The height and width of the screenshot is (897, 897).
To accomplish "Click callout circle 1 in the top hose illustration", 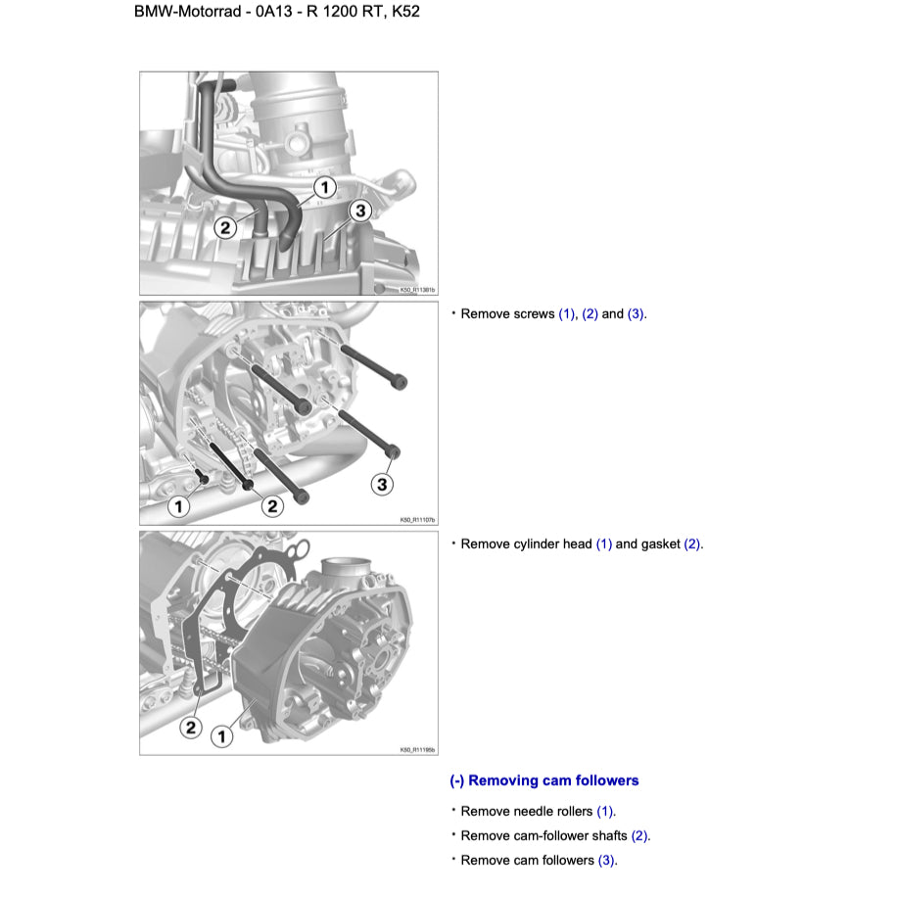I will tap(324, 186).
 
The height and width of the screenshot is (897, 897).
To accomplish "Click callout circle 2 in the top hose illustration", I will tap(225, 227).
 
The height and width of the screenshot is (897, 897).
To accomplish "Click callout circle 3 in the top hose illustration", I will tap(359, 211).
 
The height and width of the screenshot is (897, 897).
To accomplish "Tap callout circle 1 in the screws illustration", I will tap(178, 506).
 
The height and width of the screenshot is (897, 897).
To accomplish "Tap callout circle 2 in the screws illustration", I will tap(272, 506).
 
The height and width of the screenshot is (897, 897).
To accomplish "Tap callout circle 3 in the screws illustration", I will tap(382, 484).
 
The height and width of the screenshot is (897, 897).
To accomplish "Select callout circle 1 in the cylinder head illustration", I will tap(221, 735).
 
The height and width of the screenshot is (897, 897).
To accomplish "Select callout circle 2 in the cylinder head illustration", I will tap(190, 727).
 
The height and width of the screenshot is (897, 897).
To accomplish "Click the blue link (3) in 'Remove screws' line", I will tap(637, 314).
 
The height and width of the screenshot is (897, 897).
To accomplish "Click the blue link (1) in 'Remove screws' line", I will tap(567, 314).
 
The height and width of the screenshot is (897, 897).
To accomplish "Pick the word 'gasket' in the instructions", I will tap(660, 543).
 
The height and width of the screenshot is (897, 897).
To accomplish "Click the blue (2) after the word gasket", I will tap(692, 543).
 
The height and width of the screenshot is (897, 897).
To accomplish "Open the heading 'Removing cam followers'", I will tap(544, 780).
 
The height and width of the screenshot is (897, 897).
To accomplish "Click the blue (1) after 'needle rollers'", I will tap(606, 811).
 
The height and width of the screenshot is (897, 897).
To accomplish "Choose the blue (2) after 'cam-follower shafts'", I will tap(640, 835).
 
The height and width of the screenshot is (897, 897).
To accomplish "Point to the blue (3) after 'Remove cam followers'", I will tap(607, 860).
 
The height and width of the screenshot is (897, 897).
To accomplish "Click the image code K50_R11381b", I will tap(417, 290).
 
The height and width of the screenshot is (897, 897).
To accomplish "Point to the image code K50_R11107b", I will tap(417, 520).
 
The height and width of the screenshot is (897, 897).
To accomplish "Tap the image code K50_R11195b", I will tap(417, 750).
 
